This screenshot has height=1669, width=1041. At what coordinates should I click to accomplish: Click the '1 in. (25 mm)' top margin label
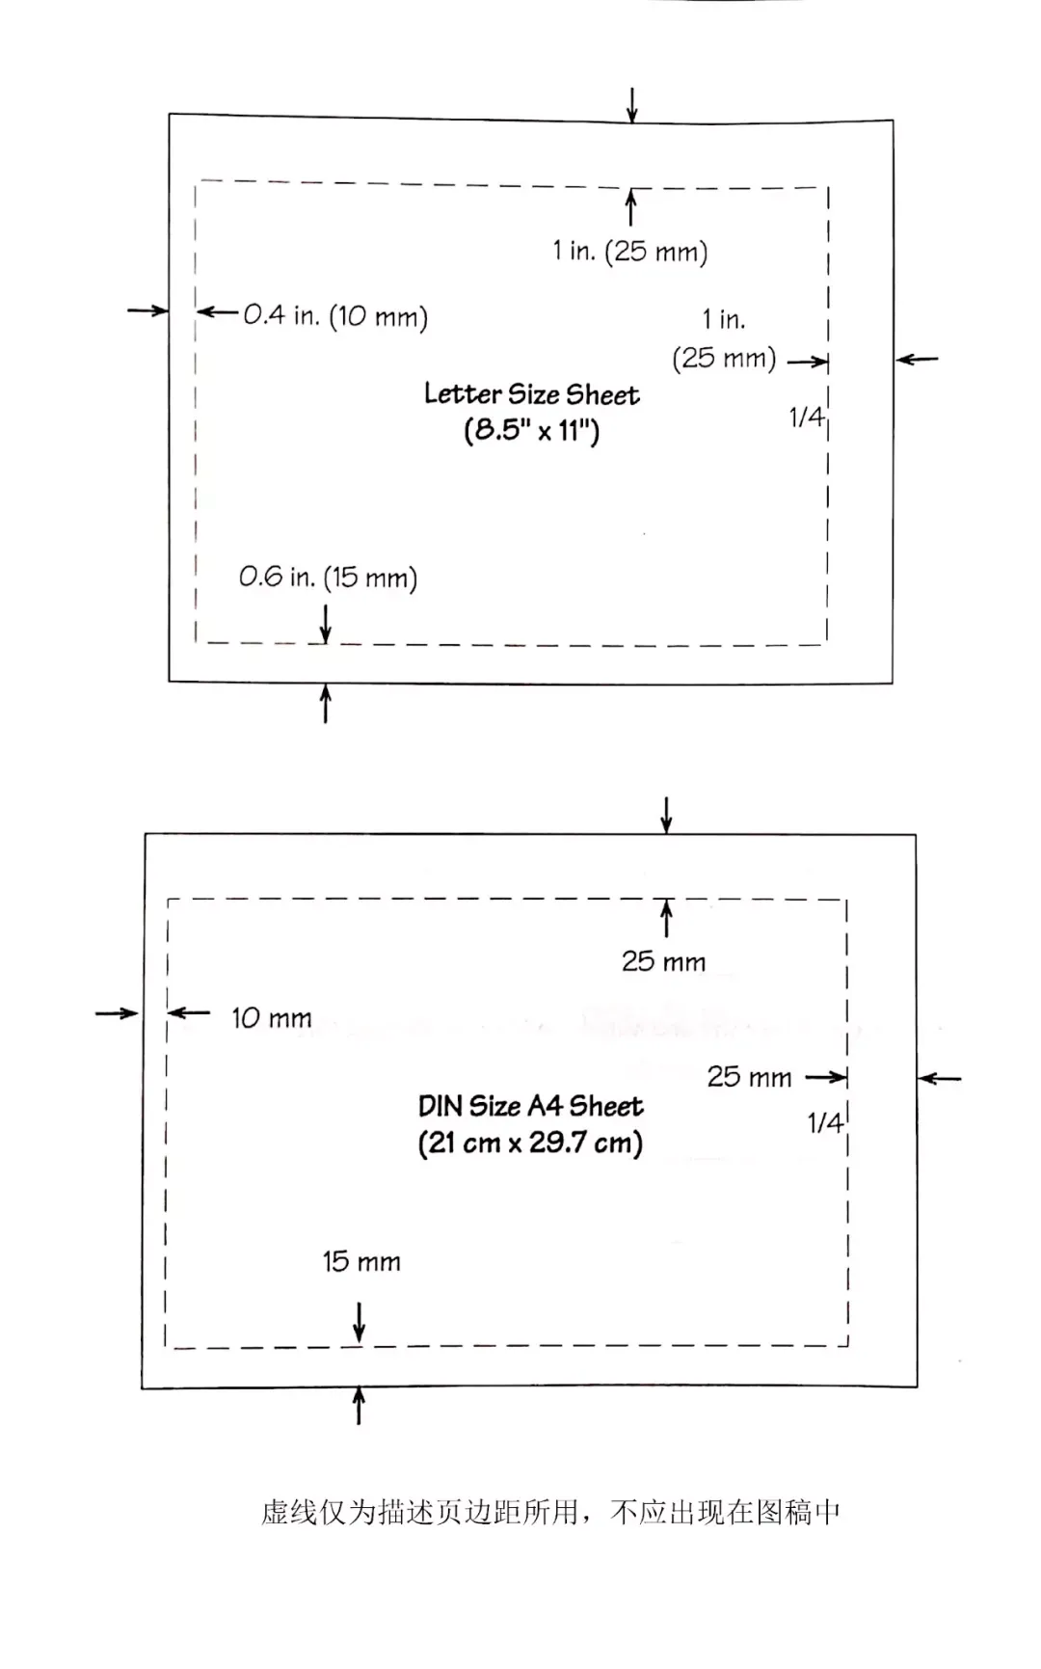click(630, 252)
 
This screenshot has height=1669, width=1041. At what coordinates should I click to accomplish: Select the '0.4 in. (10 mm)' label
click(335, 315)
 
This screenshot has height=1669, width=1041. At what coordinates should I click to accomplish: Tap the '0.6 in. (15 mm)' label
click(328, 578)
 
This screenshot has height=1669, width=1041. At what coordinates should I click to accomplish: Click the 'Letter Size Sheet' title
click(532, 394)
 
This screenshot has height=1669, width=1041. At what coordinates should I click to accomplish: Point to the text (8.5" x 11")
click(532, 430)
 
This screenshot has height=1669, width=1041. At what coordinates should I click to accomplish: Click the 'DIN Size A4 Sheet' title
click(531, 1106)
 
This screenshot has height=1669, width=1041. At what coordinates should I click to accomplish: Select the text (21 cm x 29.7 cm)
click(531, 1144)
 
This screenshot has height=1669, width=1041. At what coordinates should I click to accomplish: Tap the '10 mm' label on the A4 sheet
click(272, 1018)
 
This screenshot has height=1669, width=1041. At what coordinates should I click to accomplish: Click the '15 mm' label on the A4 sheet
click(361, 1261)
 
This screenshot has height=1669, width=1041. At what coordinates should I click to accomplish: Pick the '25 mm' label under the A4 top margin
click(663, 961)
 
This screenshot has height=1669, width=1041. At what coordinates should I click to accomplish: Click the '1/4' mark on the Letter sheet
click(807, 417)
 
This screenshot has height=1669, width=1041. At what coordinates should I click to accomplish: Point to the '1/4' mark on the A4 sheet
click(825, 1122)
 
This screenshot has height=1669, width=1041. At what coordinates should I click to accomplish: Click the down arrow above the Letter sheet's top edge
click(631, 105)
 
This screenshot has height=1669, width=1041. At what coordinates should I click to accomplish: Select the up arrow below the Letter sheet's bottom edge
click(326, 703)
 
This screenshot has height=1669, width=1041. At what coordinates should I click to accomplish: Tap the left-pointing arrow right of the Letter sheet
click(917, 360)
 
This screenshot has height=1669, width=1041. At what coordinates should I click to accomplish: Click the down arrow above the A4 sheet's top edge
click(666, 815)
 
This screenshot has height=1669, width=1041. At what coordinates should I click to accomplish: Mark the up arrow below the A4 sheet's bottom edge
click(359, 1405)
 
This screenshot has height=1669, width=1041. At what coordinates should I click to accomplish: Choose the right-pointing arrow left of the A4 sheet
click(118, 1012)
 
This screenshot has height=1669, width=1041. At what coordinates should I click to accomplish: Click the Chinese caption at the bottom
click(550, 1512)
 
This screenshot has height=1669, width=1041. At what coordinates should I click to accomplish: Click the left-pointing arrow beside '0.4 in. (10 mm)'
click(217, 311)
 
